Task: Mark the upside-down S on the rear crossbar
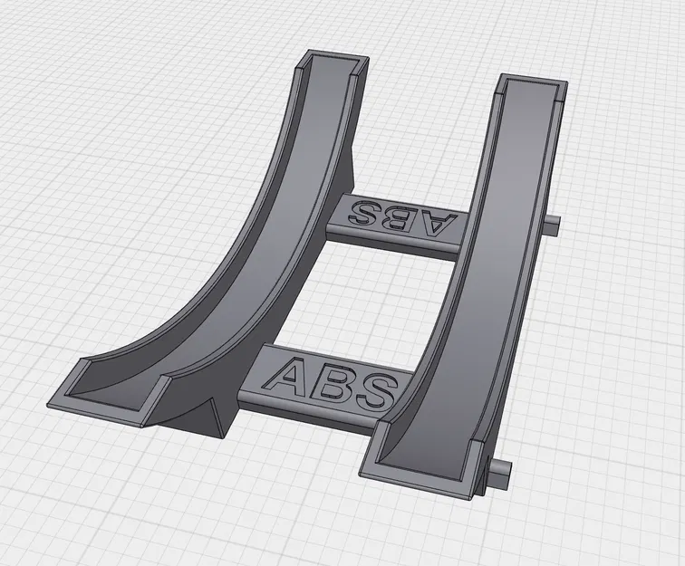coord(367,213)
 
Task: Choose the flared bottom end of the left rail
coord(109,385)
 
